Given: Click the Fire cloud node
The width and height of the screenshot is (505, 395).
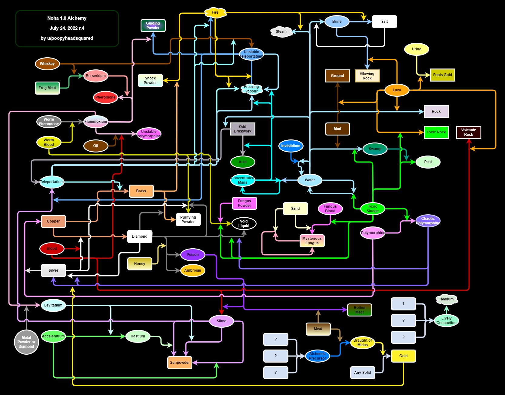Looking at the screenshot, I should (215, 12).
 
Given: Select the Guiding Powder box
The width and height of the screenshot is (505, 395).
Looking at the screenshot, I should (153, 25).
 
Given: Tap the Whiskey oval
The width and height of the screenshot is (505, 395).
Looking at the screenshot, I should (47, 64).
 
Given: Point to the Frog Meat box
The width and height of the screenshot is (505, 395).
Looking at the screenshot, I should (47, 88).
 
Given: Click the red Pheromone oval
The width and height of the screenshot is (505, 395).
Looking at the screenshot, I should (105, 97).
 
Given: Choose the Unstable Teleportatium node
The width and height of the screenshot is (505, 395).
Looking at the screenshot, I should (251, 54).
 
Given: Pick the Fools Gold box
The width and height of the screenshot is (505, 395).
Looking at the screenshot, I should (442, 75).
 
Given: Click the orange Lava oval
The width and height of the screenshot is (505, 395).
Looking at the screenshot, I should (397, 90).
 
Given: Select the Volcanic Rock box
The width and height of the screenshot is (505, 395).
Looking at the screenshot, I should (468, 132).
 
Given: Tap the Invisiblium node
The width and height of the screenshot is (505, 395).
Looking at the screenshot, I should (291, 146).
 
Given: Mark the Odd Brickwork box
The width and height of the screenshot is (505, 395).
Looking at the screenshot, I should (243, 129).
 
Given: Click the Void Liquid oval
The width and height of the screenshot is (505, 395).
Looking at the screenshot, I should (244, 223).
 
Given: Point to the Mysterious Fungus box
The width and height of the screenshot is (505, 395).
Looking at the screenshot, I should (312, 241).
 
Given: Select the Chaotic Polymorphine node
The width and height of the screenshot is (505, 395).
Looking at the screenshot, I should (428, 221).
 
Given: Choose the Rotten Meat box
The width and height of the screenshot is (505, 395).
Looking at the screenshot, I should (360, 310).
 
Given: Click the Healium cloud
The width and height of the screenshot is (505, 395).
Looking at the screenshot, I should (447, 299).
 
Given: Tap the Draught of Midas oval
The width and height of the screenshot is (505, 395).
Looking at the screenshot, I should (363, 343).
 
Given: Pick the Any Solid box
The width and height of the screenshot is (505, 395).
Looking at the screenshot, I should (363, 373).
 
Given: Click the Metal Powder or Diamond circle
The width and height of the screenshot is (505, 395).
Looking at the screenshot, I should (26, 342).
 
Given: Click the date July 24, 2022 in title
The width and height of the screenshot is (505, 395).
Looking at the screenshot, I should (67, 28).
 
